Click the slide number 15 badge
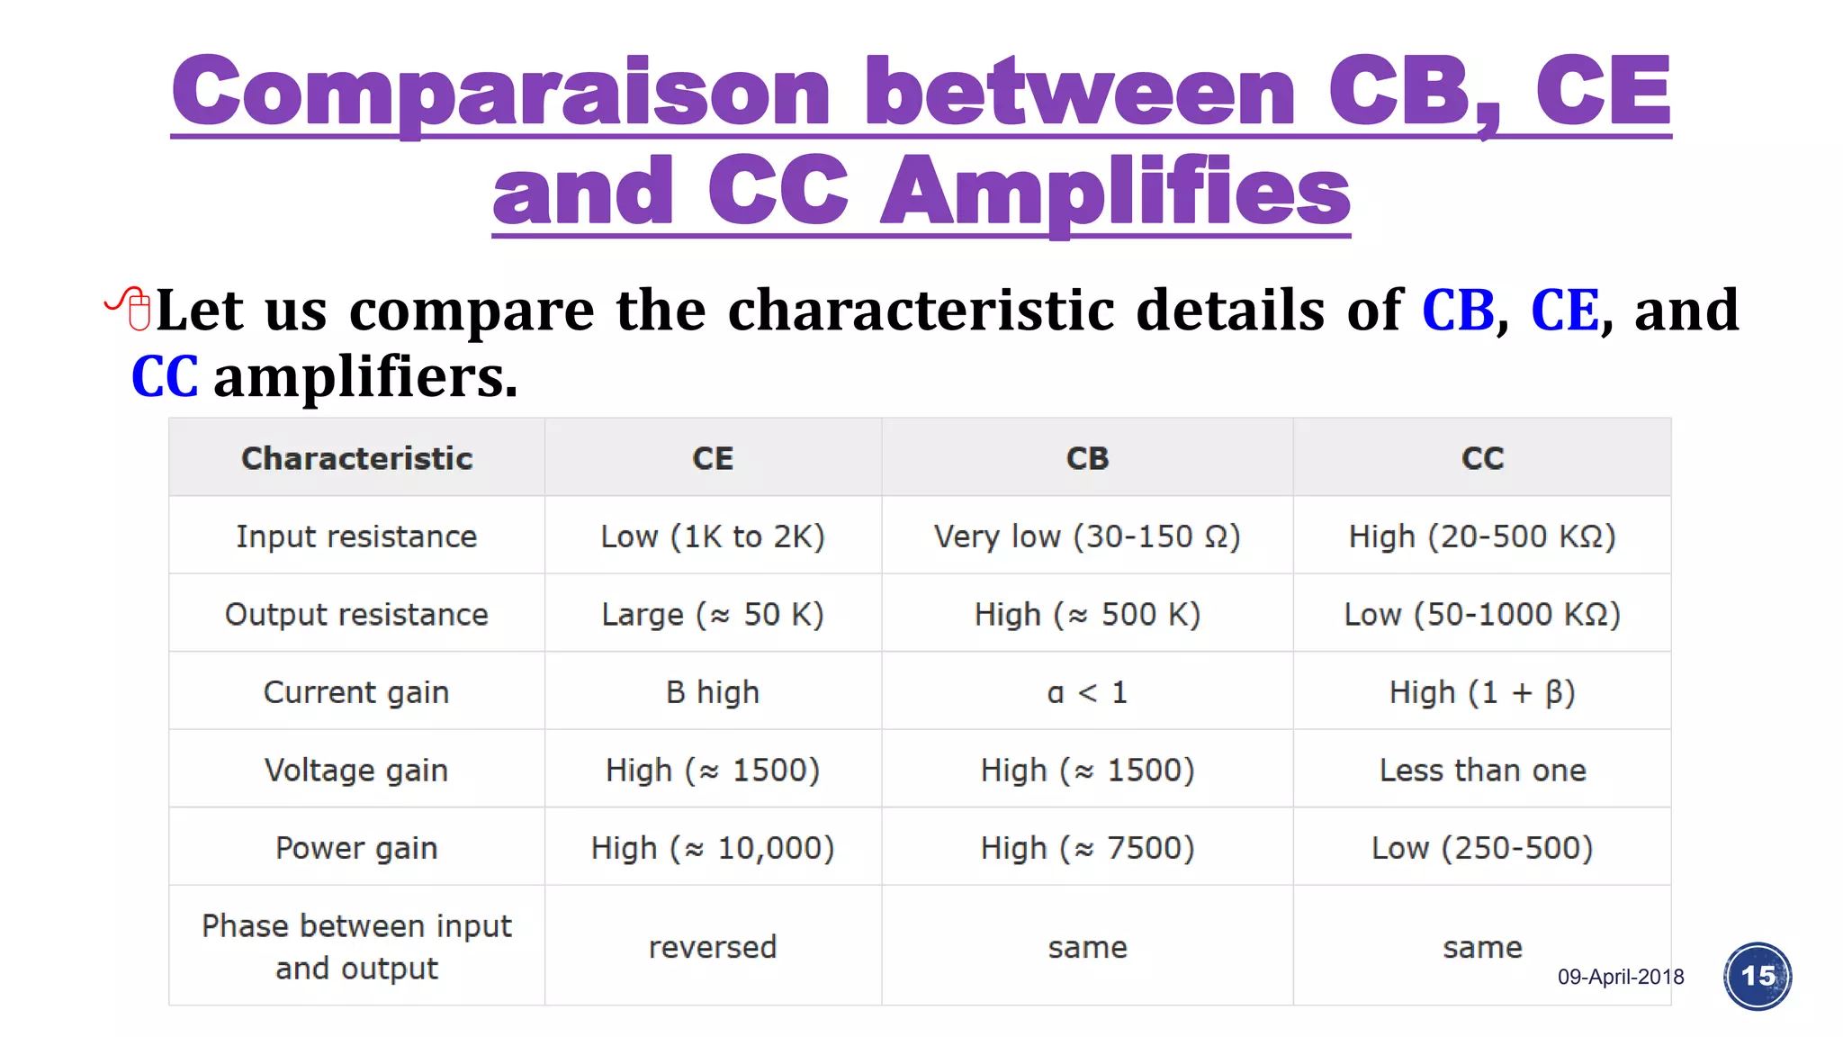click(x=1757, y=976)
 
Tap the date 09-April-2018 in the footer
click(x=1620, y=977)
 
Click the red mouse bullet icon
click(x=130, y=309)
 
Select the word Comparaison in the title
click(x=500, y=92)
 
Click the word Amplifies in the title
click(x=1115, y=191)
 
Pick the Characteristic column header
click(x=356, y=458)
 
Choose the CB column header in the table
click(x=1087, y=458)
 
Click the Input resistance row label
click(x=356, y=537)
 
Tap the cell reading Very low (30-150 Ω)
click(x=1087, y=537)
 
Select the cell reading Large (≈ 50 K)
click(x=713, y=615)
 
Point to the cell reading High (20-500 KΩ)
click(x=1482, y=537)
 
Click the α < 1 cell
click(x=1087, y=692)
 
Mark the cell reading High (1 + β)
click(x=1482, y=692)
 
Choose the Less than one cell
click(x=1482, y=771)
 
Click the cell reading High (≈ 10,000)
click(x=713, y=848)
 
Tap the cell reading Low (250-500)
click(x=1482, y=848)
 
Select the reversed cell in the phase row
click(x=713, y=947)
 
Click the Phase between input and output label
click(x=356, y=947)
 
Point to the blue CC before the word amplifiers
click(x=165, y=376)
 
